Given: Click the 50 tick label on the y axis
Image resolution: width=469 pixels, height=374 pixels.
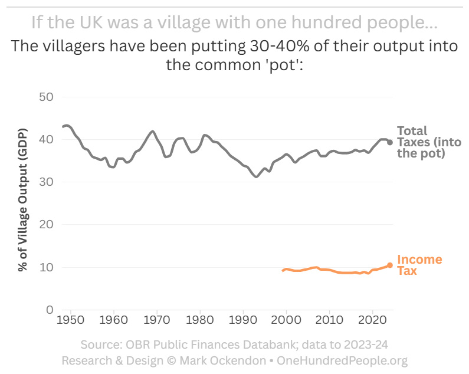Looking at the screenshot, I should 46,97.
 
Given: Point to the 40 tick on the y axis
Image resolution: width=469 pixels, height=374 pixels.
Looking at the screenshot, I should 46,140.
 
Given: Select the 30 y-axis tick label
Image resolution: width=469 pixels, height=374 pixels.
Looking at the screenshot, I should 46,182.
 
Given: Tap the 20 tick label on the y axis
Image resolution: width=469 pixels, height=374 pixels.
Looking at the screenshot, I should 46,225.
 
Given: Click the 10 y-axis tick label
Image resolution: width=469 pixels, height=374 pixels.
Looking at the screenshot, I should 46,267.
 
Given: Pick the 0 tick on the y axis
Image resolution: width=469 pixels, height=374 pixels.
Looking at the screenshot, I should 50,310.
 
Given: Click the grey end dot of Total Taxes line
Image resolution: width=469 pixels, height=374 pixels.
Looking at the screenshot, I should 390,142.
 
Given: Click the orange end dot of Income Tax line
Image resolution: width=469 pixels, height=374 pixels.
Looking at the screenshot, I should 390,265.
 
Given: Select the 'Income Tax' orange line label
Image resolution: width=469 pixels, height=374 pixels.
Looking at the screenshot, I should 419,265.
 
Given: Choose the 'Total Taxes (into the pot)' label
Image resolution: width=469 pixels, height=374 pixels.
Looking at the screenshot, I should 429,142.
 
